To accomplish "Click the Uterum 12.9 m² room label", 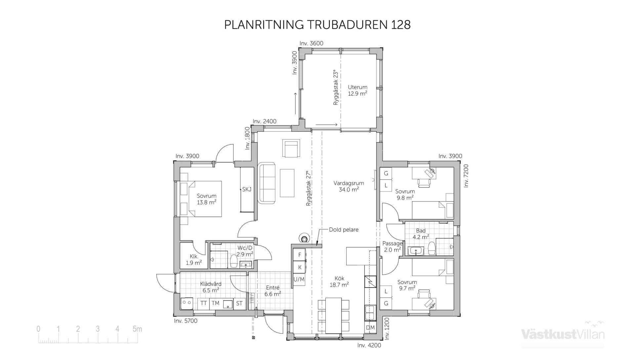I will [357, 90].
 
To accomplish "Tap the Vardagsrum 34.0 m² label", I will [349, 186].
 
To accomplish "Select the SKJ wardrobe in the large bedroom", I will [247, 189].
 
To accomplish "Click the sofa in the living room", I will [267, 182].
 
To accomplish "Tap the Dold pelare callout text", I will [343, 229].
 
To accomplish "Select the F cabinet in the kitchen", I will [299, 255].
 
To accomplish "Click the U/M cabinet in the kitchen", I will [299, 279].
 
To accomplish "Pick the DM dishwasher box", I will [370, 328].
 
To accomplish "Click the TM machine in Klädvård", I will [215, 303].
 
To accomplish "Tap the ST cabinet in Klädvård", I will [239, 303].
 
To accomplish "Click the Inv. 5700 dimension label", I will [186, 321].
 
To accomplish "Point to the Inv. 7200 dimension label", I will [466, 176].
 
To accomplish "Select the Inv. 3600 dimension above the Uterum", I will [311, 43].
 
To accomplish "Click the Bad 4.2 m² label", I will [421, 234].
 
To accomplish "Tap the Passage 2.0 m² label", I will [392, 247].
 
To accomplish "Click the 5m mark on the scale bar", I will [137, 329].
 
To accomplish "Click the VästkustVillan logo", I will [563, 334].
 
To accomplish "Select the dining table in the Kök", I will [333, 314].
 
